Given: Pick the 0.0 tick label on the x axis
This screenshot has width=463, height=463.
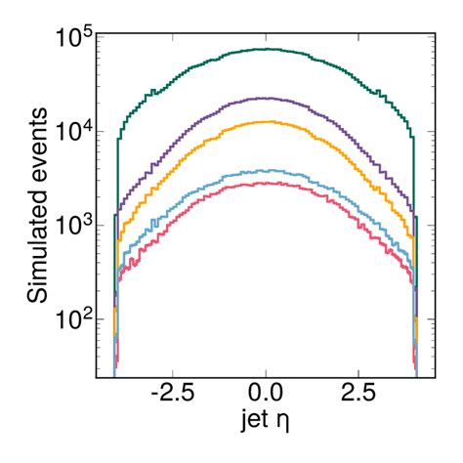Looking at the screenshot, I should click(x=266, y=400).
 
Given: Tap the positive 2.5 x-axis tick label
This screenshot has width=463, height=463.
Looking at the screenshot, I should click(x=358, y=400).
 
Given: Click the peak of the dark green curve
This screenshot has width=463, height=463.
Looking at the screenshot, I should click(x=266, y=49).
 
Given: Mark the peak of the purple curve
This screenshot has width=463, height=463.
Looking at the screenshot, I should click(x=266, y=98).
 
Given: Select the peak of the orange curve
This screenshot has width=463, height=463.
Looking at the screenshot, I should click(x=266, y=122).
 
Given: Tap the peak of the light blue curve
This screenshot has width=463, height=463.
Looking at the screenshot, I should click(x=266, y=170).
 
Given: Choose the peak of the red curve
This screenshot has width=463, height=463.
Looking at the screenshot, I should click(x=266, y=183).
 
